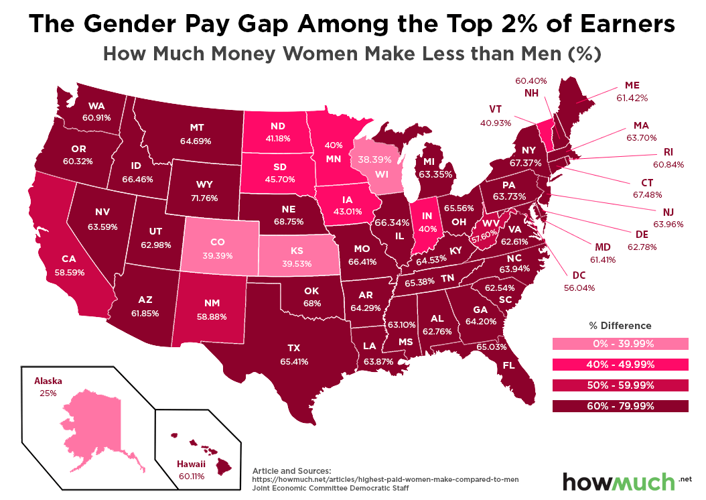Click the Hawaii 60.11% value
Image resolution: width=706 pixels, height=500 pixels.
pos(190,476)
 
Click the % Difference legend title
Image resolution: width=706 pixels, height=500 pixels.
pos(620,326)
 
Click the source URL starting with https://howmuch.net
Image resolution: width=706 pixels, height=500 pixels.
pos(385,480)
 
